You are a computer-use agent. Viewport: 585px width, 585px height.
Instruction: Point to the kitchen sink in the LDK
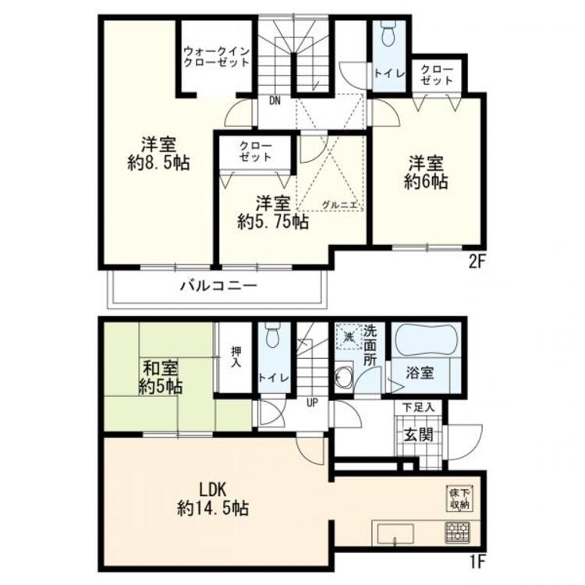[395, 534]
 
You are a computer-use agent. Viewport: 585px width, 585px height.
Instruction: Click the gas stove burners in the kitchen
[457, 532]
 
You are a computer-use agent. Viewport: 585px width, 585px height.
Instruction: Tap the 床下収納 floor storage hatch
[460, 499]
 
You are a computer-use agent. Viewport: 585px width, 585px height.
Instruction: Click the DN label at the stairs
[275, 101]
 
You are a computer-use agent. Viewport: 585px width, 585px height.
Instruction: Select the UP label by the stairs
[312, 402]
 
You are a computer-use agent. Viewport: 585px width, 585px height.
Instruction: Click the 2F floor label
[476, 262]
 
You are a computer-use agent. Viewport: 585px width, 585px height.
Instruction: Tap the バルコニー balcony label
[219, 286]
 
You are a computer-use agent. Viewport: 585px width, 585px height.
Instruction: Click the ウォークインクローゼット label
[216, 57]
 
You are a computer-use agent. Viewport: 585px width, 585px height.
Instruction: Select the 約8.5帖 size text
[158, 163]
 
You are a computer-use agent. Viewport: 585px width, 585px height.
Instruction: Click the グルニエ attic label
[339, 205]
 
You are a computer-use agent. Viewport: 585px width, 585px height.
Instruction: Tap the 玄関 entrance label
[419, 435]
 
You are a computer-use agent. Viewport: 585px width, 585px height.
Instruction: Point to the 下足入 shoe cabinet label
[418, 407]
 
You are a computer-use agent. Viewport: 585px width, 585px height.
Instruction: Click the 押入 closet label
[236, 357]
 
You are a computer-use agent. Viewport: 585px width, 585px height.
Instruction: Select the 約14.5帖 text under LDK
[214, 508]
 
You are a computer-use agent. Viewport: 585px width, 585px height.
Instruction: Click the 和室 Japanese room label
[161, 369]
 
